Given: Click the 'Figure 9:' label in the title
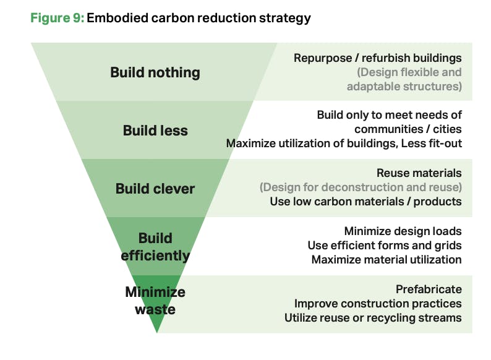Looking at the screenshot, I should pos(56,18).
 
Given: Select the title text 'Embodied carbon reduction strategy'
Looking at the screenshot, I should pos(199,18).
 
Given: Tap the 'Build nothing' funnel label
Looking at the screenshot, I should pos(155,72).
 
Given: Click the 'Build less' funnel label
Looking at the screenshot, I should pos(155,131).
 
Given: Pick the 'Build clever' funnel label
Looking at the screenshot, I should pos(155,189).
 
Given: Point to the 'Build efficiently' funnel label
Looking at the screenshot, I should pos(155,246).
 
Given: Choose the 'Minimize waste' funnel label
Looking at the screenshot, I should pos(155,300).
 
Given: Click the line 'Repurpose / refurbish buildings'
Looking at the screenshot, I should pos(378,58).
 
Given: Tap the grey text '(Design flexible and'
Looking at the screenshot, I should pos(409,72).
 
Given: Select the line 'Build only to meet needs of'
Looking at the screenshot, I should pos(389,115).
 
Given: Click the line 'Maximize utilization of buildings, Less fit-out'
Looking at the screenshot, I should pos(344,144).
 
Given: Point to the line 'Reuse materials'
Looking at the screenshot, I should pos(419,173).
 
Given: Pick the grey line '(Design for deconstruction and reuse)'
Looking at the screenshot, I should pos(361,187).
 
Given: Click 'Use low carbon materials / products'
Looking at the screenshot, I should pos(365,202).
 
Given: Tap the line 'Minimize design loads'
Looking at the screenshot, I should pos(403,231).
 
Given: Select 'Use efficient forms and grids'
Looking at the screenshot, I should pos(385,246).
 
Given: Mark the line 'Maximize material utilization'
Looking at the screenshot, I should pos(386,260).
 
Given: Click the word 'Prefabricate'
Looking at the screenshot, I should pos(429,289).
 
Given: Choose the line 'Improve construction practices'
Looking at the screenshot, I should pos(378,304).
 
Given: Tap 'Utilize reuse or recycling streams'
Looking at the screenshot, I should pos(373,318).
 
